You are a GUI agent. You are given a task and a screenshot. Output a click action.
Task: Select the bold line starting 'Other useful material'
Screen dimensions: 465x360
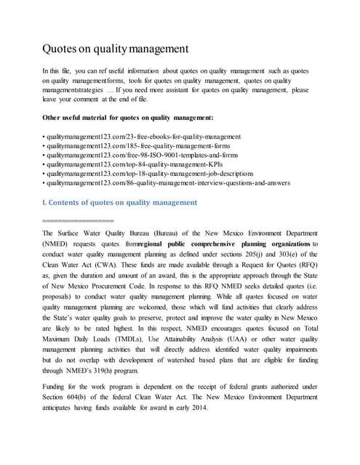pyautogui.click(x=128, y=118)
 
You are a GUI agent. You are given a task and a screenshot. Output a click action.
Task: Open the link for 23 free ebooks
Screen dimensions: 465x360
pyautogui.click(x=142, y=137)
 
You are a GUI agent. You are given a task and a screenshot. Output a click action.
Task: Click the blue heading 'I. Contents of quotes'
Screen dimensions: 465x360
pyautogui.click(x=120, y=202)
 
